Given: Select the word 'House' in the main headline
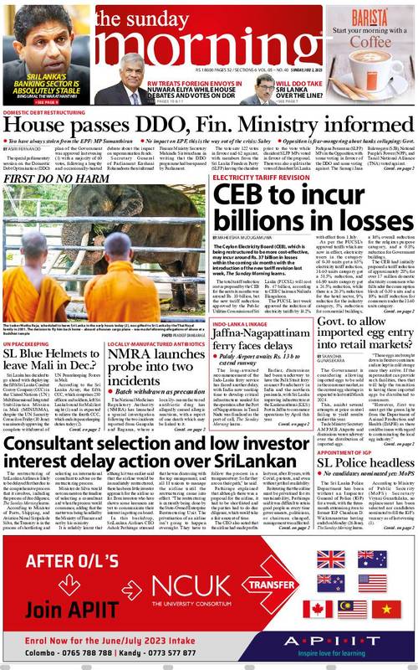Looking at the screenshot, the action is point(32,125).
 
